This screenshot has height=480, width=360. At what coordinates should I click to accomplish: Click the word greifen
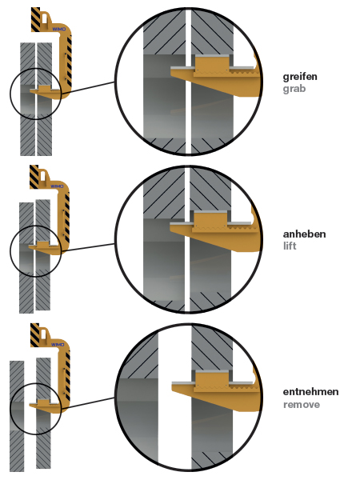coord(300,77)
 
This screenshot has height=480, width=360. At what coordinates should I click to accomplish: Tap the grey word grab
coord(294,89)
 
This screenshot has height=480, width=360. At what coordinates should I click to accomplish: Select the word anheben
coord(304,234)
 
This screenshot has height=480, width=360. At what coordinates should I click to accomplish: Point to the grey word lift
coord(290,246)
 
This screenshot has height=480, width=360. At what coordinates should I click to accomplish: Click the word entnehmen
coord(310,392)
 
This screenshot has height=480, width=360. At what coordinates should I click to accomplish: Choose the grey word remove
coord(302,405)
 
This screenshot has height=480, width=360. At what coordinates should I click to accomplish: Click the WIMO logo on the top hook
coord(58,29)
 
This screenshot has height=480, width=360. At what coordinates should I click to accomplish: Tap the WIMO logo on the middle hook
coord(57,186)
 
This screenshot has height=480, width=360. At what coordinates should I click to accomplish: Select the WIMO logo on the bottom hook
coord(58,344)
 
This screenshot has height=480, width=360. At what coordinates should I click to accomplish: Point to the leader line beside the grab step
coord(88,87)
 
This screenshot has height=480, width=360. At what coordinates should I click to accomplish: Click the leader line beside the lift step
coord(88,247)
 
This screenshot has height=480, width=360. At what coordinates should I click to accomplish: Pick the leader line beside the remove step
coord(88,403)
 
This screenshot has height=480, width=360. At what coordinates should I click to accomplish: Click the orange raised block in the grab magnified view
coord(212,66)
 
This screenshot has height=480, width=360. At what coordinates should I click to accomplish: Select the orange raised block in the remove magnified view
coord(212,381)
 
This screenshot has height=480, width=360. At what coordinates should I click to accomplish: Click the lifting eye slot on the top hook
coord(45,19)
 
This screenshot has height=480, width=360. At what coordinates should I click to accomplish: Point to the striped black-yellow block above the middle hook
coord(34,177)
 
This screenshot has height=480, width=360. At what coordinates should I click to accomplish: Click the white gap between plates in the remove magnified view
coord(174,398)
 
